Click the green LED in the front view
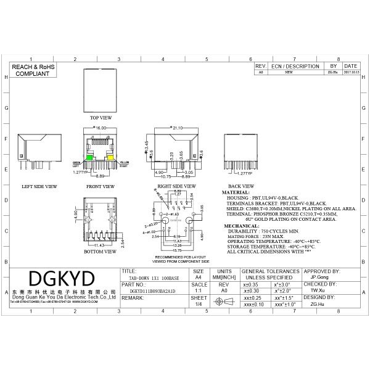tap(90, 158)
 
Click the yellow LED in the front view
tap(112, 158)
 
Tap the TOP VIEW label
tap(101, 117)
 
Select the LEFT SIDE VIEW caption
tap(39, 186)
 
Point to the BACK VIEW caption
tap(242, 186)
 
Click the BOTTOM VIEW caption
tap(101, 252)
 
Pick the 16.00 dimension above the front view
tap(101, 128)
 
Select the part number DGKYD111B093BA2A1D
tap(152, 290)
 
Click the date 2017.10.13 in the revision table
tap(351, 72)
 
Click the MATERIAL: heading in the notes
tap(236, 192)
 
